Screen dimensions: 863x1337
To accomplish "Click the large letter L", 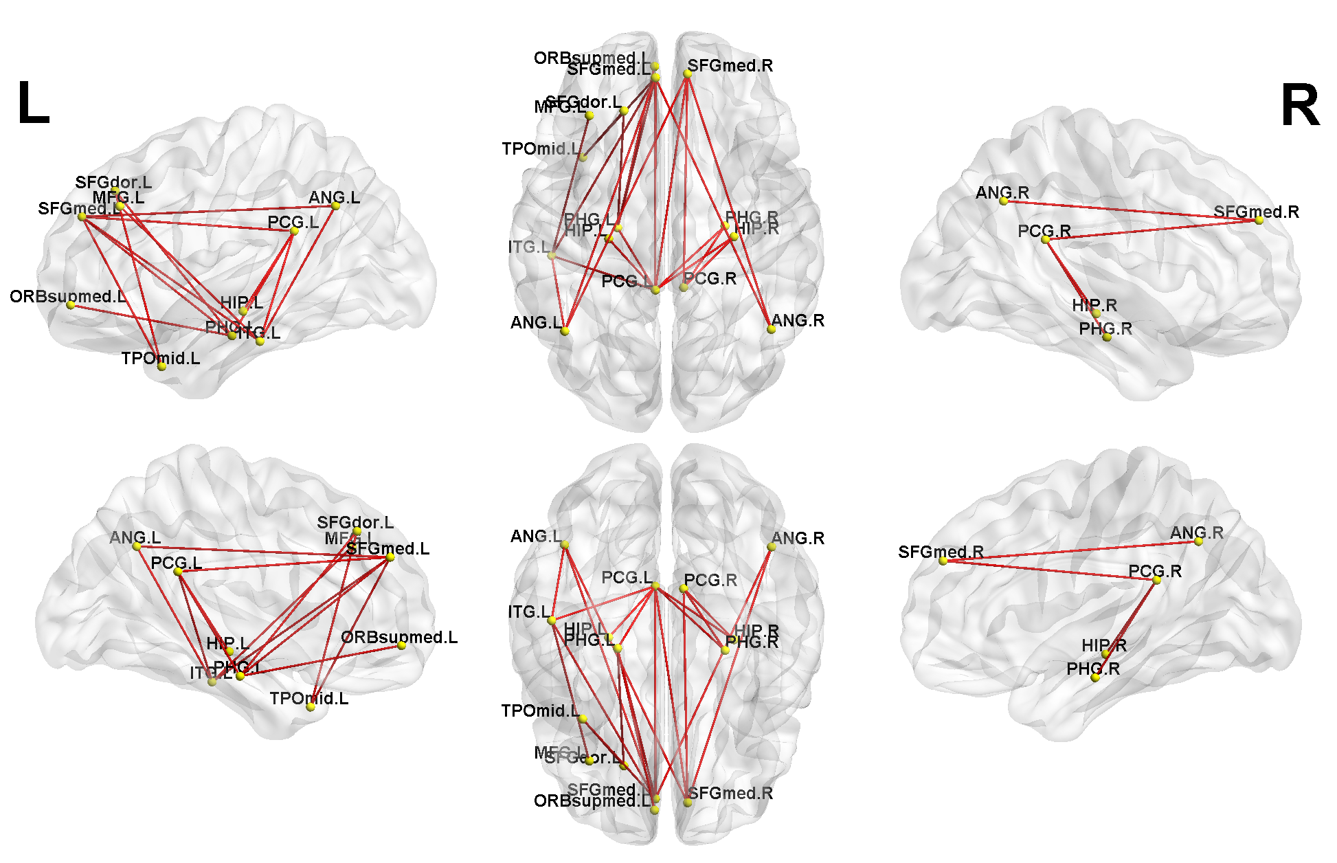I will [33, 104].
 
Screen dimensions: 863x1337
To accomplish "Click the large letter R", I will [1300, 106].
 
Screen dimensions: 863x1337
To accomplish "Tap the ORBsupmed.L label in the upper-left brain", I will [67, 296].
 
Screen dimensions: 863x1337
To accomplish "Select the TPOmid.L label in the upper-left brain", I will [160, 358].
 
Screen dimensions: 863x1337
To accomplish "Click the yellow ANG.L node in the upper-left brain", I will [335, 205].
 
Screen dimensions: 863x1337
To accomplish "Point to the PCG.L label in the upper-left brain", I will [293, 222].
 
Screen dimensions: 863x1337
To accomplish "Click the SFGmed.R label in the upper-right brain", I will [1256, 212].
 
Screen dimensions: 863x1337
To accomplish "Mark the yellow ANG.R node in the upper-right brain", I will [1004, 201].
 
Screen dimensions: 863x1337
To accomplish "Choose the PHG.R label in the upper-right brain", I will [1105, 328].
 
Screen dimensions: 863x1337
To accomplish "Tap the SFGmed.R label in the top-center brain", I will [730, 65].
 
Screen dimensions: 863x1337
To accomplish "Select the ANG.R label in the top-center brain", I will [798, 320].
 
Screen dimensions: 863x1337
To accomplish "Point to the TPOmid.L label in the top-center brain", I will [541, 148].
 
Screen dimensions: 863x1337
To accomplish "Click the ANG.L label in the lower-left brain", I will [135, 537].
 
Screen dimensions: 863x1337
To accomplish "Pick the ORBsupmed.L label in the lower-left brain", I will [398, 637].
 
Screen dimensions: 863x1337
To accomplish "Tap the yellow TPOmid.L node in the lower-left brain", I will [311, 707].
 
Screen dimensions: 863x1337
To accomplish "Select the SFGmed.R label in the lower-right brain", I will [941, 552].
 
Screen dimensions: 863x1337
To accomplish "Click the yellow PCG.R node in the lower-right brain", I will [1156, 581].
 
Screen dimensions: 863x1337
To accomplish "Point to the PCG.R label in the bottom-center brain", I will [710, 580].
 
